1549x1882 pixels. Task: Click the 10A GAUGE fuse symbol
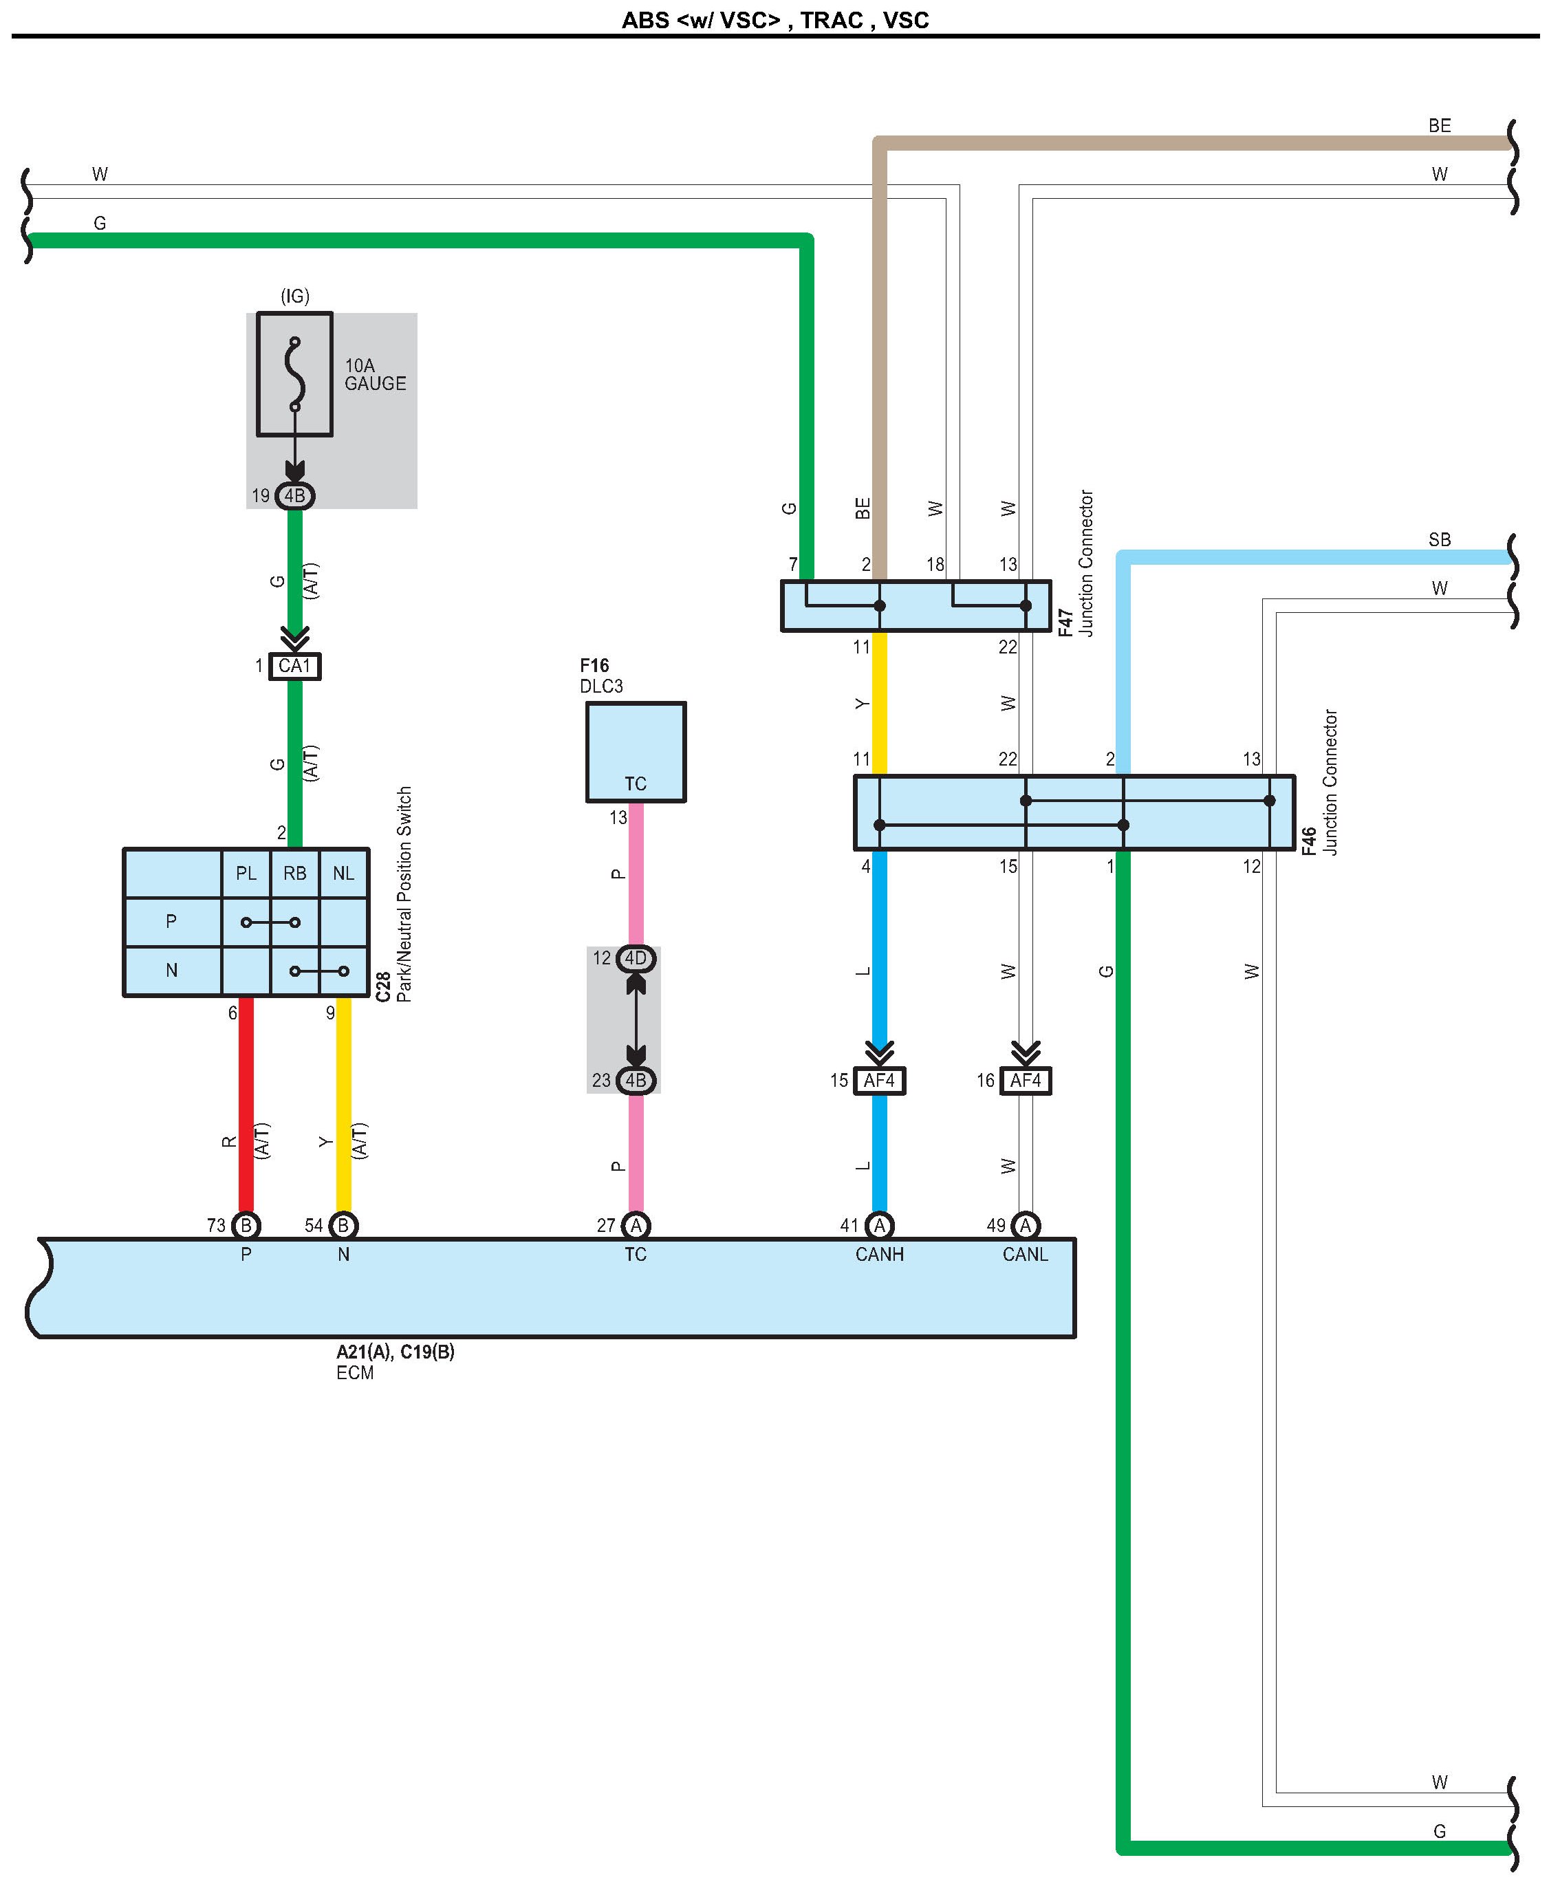tap(294, 374)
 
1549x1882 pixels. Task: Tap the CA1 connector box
tap(294, 666)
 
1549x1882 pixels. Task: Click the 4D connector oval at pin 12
tap(636, 958)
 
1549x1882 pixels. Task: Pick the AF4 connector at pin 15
tap(879, 1081)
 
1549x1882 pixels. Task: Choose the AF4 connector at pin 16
tap(1026, 1081)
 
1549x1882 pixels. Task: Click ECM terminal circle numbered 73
tap(246, 1225)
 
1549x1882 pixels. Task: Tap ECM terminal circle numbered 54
tap(343, 1225)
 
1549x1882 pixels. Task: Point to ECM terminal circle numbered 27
tap(636, 1225)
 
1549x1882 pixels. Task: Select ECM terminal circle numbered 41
tap(879, 1225)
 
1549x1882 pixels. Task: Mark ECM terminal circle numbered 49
tap(1026, 1225)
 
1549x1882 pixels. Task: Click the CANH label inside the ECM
tap(879, 1255)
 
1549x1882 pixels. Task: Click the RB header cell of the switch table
tap(294, 874)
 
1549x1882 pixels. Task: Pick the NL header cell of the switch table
tap(343, 874)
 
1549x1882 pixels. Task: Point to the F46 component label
tap(1308, 841)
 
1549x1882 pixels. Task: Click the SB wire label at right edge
tap(1439, 540)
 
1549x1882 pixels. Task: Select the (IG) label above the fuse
tap(294, 296)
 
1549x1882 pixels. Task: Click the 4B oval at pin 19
tap(294, 495)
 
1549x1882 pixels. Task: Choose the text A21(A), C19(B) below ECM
tap(396, 1352)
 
